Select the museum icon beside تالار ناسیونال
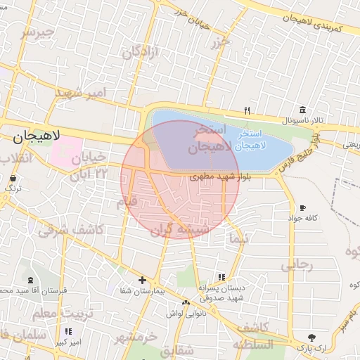click(x=302, y=110)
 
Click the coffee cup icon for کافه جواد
click(x=302, y=208)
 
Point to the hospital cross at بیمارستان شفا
click(x=141, y=279)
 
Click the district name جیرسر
click(x=37, y=32)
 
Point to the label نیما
click(x=239, y=239)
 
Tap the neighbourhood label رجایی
click(x=296, y=266)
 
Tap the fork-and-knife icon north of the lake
click(x=246, y=110)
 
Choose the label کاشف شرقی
click(x=71, y=229)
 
